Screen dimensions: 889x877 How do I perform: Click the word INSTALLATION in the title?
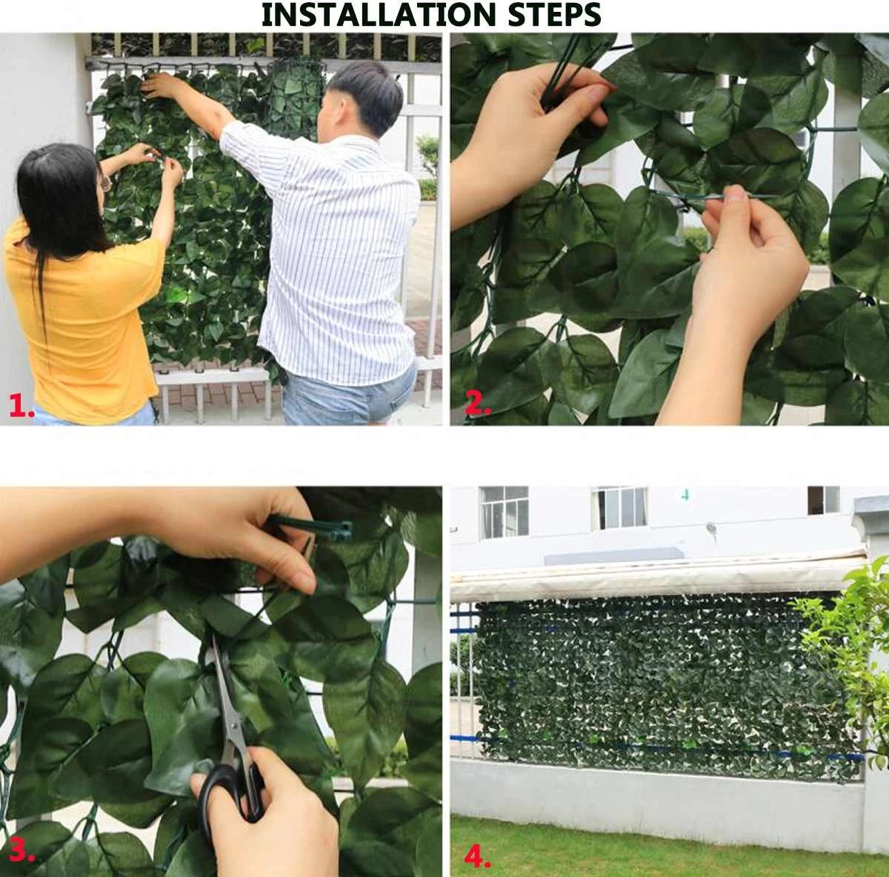point(379,16)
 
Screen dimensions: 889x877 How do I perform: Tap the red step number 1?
point(21,406)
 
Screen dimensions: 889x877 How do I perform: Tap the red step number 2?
point(479,404)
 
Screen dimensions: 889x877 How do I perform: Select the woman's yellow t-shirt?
point(83,319)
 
